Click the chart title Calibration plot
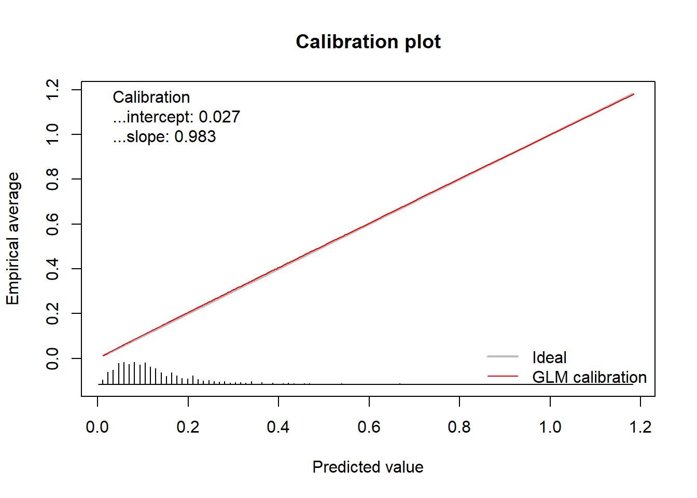pyautogui.click(x=368, y=42)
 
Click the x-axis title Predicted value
pyautogui.click(x=368, y=467)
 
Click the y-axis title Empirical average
pyautogui.click(x=12, y=239)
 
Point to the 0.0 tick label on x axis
pyautogui.click(x=97, y=427)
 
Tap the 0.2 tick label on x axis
pyautogui.click(x=188, y=427)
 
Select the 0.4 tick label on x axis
pyautogui.click(x=278, y=427)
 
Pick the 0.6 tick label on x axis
pyautogui.click(x=369, y=427)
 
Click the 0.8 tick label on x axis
pyautogui.click(x=459, y=427)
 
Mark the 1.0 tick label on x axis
pyautogui.click(x=550, y=427)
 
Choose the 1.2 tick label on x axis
pyautogui.click(x=640, y=427)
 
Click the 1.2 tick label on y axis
pyautogui.click(x=52, y=90)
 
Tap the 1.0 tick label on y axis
pyautogui.click(x=52, y=134)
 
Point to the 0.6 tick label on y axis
pyautogui.click(x=52, y=224)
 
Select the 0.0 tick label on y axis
pyautogui.click(x=52, y=358)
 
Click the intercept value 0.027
pyautogui.click(x=219, y=117)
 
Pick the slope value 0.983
pyautogui.click(x=195, y=137)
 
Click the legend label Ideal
pyautogui.click(x=549, y=357)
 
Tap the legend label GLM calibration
pyautogui.click(x=589, y=377)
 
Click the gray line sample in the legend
pyautogui.click(x=503, y=357)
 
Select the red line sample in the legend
pyautogui.click(x=503, y=377)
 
